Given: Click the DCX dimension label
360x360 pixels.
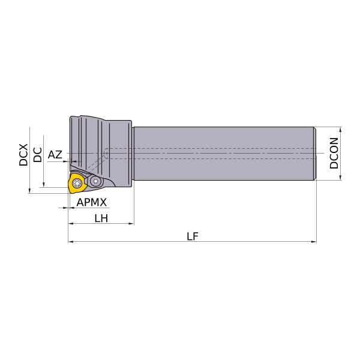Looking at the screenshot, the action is (23, 155).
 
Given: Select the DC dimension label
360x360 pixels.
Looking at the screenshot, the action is (38, 155).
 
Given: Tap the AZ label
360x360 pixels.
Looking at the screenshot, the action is (55, 155).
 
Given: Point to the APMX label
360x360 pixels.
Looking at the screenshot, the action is (92, 202).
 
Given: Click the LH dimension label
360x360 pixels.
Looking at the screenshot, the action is (101, 218).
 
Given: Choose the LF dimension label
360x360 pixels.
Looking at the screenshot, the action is (193, 236).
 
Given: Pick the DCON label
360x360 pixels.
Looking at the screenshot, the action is (334, 153).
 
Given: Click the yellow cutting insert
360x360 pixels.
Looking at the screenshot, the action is (77, 183).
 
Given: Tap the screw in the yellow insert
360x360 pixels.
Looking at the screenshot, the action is (76, 183).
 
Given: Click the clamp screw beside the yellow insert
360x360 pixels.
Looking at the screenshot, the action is (95, 181).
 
